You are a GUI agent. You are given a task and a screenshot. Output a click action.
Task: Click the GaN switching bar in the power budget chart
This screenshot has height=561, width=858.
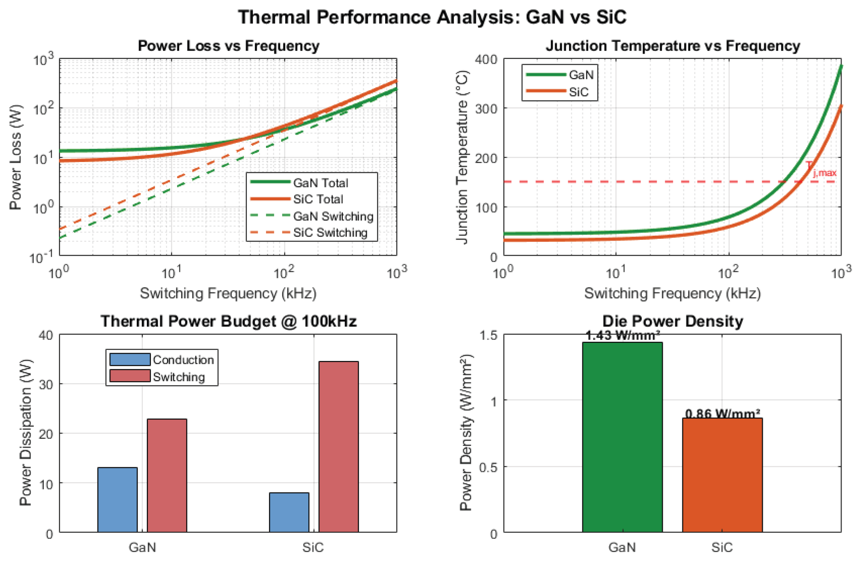tap(167, 475)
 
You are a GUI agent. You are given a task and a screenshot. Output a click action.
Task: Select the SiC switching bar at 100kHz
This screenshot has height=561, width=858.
tap(339, 446)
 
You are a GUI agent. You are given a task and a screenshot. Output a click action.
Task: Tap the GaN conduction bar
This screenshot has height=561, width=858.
tap(117, 500)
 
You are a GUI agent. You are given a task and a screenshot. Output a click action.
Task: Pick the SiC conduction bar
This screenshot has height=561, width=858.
tap(289, 512)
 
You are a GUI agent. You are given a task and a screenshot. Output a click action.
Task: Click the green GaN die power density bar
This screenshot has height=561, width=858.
tap(622, 437)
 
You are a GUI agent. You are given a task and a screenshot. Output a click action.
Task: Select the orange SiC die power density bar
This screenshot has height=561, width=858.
tap(722, 475)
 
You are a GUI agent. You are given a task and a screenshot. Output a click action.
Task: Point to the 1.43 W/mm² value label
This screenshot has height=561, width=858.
tap(622, 336)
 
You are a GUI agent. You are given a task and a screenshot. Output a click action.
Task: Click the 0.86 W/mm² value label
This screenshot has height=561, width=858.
tap(722, 413)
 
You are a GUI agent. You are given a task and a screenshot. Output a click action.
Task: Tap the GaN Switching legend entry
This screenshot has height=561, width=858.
tap(312, 216)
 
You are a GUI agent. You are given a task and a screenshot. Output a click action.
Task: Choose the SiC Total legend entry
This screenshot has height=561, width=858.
tap(297, 199)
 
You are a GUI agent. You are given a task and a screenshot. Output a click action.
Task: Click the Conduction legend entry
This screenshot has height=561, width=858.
tap(162, 360)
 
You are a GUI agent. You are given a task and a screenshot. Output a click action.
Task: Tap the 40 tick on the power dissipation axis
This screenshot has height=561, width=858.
tap(46, 335)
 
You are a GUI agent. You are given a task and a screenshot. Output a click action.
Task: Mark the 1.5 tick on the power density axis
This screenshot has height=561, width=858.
tap(488, 335)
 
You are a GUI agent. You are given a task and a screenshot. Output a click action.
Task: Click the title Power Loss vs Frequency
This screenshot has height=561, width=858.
tap(229, 46)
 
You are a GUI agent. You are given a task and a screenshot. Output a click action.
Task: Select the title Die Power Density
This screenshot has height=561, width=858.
tap(673, 321)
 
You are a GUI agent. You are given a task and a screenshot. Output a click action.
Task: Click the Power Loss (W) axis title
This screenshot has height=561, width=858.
tap(15, 157)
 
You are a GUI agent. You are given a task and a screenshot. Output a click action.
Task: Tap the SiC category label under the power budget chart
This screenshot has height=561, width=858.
tap(313, 547)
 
